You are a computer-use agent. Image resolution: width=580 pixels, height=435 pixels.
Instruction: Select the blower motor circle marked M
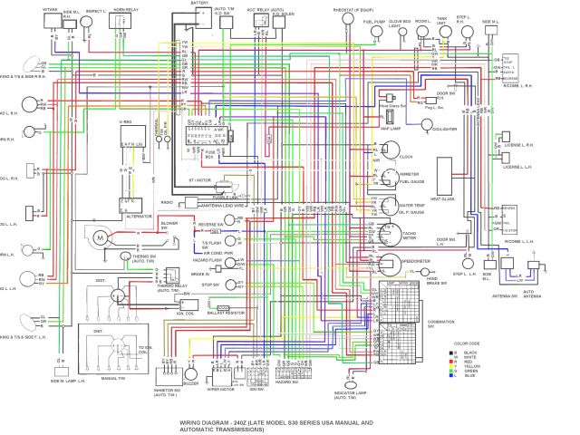[x=101, y=237]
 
